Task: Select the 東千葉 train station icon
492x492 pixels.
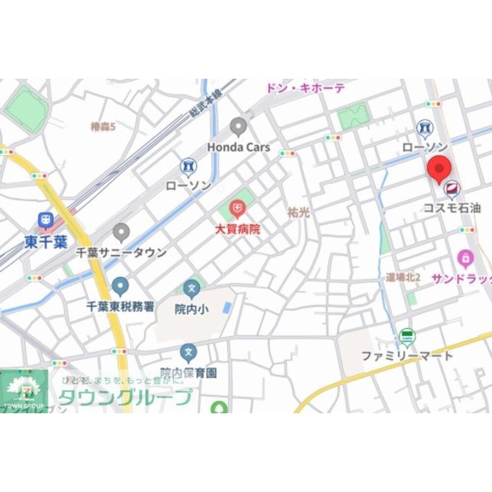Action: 46,220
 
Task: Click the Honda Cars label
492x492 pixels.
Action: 239,147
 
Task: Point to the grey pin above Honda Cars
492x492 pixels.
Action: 239,127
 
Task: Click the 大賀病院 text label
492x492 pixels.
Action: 238,229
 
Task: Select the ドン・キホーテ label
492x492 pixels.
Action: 306,89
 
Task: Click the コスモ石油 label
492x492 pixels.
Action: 453,209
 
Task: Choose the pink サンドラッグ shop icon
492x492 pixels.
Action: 465,258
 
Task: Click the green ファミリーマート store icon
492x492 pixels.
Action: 407,337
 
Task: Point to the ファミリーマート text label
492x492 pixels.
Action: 407,355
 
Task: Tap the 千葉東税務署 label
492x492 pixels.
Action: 121,307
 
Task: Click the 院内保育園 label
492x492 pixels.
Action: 188,372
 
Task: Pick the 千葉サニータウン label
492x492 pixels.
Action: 121,253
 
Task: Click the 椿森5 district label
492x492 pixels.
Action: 103,127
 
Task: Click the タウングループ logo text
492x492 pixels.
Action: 125,397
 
